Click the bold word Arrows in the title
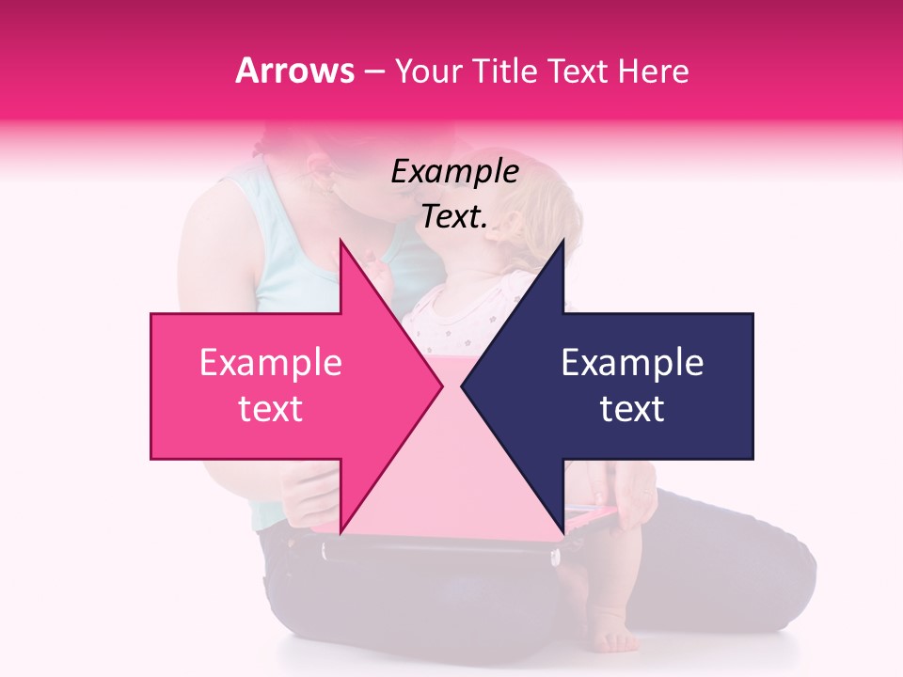(x=294, y=71)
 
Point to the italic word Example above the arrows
(x=454, y=172)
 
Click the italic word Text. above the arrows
(x=454, y=217)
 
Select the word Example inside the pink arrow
(x=271, y=362)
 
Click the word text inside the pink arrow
(x=271, y=409)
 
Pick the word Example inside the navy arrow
(x=632, y=362)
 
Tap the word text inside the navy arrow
(x=632, y=409)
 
